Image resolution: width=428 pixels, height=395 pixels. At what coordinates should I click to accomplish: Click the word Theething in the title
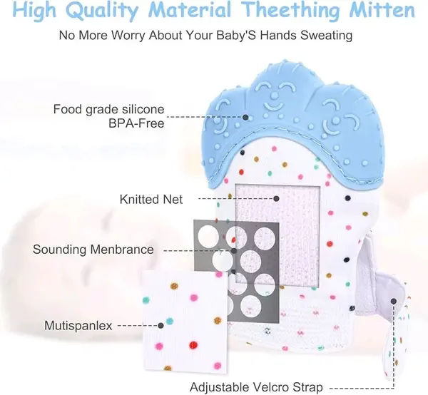(x=291, y=10)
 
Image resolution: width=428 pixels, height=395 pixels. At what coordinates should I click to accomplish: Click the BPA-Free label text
(x=136, y=123)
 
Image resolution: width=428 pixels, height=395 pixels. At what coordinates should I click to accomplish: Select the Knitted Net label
(x=151, y=200)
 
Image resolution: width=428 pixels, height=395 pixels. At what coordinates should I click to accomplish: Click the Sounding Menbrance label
(x=93, y=250)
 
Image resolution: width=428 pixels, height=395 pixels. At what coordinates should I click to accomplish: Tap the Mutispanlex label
(x=78, y=326)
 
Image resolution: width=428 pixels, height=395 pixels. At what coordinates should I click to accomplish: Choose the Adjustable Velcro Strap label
(x=256, y=387)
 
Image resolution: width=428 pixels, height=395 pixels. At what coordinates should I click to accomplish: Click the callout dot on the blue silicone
(x=245, y=118)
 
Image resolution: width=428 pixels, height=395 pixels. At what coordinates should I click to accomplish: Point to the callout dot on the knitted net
(x=276, y=199)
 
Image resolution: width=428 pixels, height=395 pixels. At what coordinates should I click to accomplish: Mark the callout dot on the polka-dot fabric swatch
(x=160, y=325)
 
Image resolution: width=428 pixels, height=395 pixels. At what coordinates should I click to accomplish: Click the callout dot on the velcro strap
(x=393, y=301)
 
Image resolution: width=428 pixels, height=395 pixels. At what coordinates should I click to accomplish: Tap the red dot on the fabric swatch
(x=193, y=345)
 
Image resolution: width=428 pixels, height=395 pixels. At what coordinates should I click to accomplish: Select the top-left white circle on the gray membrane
(x=208, y=236)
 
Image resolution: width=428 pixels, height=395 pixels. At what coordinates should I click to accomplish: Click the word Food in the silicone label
(x=68, y=109)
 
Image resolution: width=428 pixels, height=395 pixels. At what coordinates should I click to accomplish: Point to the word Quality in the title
(x=102, y=11)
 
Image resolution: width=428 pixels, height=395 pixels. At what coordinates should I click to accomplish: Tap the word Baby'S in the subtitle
(x=236, y=36)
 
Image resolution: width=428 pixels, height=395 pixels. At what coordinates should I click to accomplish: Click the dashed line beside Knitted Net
(x=235, y=199)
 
